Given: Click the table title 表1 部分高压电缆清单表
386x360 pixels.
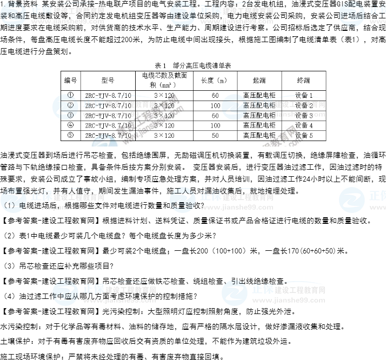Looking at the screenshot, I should (192, 65).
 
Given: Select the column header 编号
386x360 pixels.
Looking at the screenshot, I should (70, 80).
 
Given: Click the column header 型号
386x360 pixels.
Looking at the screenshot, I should (108, 80).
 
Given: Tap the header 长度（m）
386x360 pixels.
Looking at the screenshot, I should (215, 80).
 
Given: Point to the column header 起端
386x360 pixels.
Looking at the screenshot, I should (259, 80).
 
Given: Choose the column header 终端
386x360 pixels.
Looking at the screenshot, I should (303, 80).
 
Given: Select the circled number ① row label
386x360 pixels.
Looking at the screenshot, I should (70, 95).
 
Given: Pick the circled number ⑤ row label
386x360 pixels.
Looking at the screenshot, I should (70, 135).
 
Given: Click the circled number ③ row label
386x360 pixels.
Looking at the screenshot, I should (70, 115).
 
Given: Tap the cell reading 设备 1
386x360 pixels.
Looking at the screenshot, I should (304, 96).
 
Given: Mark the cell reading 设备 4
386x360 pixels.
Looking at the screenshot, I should (304, 125).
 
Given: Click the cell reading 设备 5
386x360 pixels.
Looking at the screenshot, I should (304, 136).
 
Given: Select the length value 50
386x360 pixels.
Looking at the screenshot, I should (215, 136).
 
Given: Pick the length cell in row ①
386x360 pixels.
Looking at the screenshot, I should (215, 96).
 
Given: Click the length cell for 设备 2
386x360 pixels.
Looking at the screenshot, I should (215, 105).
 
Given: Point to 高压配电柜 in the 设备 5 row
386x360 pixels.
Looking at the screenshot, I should (259, 136).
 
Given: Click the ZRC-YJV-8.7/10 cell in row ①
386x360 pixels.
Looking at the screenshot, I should (108, 96).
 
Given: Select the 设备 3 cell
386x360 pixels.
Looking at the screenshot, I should (304, 116).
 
